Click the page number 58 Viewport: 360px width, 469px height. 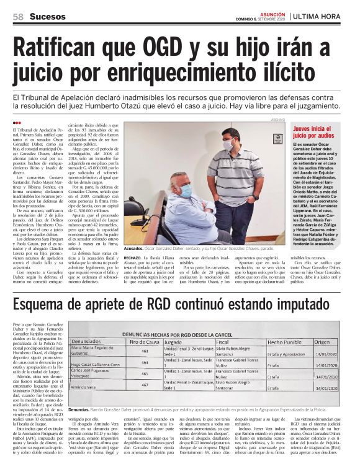pos(18,17)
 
